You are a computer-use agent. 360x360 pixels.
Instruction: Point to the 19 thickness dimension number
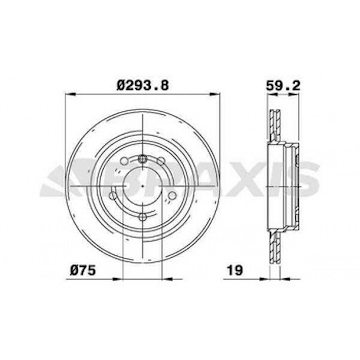point(235,270)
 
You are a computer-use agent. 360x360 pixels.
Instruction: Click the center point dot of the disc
point(142,186)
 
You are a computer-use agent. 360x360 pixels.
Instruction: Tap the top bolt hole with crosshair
point(142,158)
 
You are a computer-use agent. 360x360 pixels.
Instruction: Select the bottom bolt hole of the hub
point(142,217)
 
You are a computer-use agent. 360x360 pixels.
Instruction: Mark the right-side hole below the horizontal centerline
point(172,195)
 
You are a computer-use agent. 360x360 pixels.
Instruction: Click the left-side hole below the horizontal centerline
point(113,195)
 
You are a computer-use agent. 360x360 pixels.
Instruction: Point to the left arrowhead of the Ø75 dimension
point(117,279)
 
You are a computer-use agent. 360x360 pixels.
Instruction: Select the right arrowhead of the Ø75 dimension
point(167,279)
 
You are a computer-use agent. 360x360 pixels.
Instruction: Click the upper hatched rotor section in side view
point(275,125)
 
